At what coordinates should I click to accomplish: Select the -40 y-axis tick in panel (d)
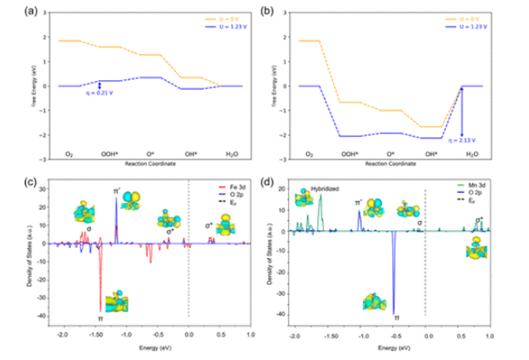tap(282, 314)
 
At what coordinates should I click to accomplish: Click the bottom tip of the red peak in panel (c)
tap(100, 311)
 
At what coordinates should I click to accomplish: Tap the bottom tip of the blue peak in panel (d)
tap(394, 314)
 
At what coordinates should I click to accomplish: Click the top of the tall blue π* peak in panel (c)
tap(116, 198)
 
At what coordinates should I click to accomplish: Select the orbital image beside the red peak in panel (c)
tap(115, 301)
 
